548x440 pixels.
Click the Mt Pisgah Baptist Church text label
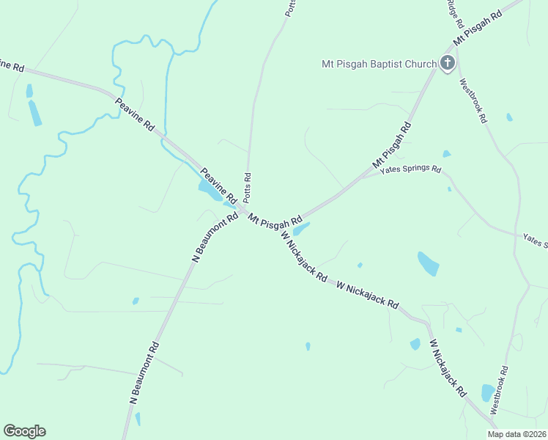379,64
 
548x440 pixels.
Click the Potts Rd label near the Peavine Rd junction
248,188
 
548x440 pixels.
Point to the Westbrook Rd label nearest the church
473,101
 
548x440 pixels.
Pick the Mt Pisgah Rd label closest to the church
477,26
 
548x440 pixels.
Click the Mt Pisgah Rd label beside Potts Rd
275,219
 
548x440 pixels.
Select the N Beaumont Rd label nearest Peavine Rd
215,238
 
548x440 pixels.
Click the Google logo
24,431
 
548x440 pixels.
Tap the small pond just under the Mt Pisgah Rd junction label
302,229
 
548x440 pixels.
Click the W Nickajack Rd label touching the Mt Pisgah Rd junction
303,257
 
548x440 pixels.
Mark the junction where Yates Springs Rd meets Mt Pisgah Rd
364,175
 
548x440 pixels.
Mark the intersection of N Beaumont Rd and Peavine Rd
242,212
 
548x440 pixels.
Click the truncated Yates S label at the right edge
535,239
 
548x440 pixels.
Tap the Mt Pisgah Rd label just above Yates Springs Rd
393,143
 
